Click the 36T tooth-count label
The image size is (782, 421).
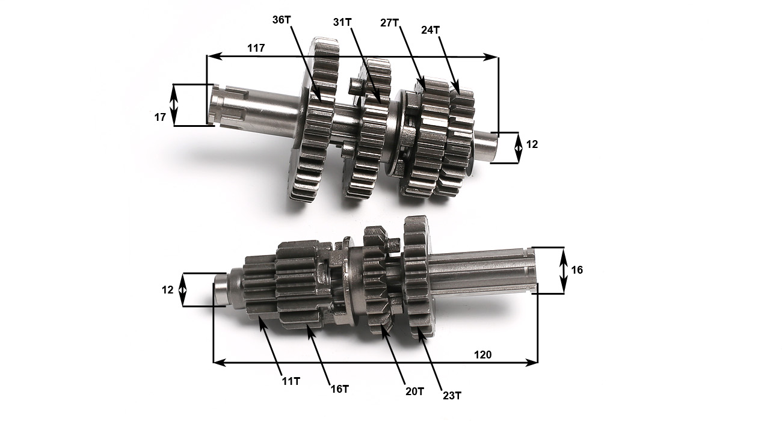282,20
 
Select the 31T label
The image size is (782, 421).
342,22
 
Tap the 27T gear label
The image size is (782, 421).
389,23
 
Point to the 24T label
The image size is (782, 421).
430,30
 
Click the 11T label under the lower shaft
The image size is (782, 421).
291,381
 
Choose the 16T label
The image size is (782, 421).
340,389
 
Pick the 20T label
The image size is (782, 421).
414,392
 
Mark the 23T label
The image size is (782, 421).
452,396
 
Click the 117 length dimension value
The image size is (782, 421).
256,48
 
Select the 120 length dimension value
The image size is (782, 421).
483,355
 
